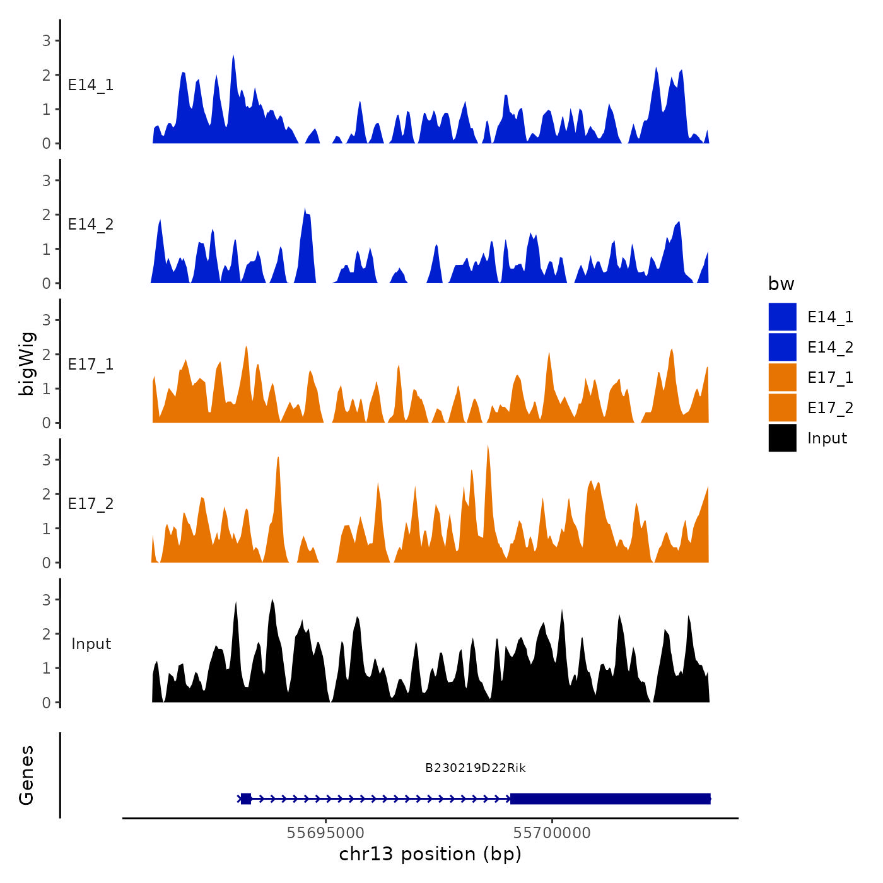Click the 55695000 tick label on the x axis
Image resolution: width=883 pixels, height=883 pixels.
coord(325,833)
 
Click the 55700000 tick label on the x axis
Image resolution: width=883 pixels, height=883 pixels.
coord(552,833)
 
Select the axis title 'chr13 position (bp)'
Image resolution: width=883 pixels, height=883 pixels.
coord(430,854)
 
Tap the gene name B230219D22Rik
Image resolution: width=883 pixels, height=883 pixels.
coord(475,768)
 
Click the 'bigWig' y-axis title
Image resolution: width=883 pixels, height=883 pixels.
coord(26,364)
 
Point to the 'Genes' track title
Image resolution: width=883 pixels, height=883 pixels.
coord(26,775)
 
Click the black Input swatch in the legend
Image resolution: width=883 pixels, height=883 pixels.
coord(782,438)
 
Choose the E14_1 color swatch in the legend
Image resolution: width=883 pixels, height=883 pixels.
coord(782,317)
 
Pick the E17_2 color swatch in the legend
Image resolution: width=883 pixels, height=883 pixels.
coord(782,407)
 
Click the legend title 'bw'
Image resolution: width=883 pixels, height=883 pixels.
coord(781,284)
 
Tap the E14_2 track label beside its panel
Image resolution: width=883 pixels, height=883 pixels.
coord(91,225)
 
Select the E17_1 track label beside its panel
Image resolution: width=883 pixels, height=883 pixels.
coord(91,365)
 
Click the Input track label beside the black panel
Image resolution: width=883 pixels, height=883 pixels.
coord(91,644)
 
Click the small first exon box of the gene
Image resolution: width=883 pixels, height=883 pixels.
coord(246,798)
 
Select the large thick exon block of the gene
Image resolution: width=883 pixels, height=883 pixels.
coord(610,798)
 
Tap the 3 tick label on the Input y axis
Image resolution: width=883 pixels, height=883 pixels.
coord(46,600)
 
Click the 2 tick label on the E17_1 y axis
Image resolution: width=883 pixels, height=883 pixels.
coord(46,354)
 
